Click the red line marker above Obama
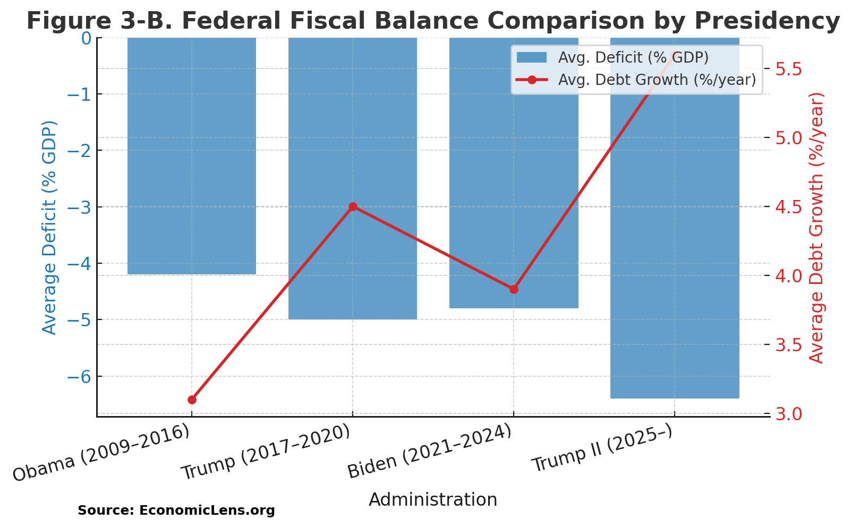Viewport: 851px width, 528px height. (192, 400)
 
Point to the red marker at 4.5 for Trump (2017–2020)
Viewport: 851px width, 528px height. (353, 206)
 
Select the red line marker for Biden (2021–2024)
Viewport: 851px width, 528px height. (514, 289)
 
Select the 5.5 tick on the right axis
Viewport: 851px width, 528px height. (791, 68)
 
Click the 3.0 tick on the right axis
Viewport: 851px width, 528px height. (791, 413)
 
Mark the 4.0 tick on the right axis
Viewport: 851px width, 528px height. (791, 275)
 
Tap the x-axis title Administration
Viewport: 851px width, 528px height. (433, 500)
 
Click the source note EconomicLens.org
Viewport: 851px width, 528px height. (176, 510)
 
